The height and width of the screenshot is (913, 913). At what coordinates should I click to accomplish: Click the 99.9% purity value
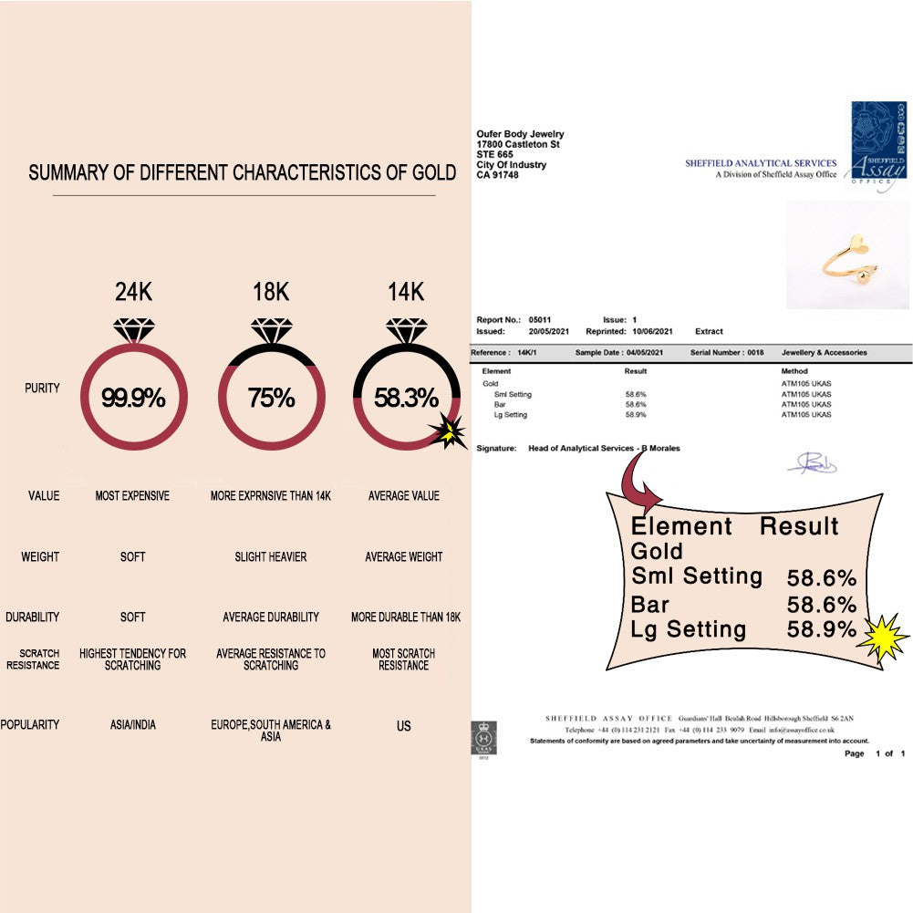click(133, 399)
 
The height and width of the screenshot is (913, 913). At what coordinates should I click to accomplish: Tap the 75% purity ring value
click(271, 399)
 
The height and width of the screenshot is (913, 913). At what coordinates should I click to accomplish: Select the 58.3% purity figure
click(406, 399)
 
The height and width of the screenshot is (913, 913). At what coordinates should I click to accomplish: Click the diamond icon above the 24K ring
click(134, 330)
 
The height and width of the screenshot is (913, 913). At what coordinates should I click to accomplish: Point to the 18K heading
click(271, 293)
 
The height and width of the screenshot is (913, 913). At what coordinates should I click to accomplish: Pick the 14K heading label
click(405, 293)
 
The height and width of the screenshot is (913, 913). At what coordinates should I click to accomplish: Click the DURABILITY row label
click(32, 617)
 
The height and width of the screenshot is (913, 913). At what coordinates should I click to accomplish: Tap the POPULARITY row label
click(30, 725)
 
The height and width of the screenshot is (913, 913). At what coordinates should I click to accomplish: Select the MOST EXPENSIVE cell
click(132, 496)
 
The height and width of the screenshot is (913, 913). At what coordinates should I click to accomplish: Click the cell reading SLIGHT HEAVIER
click(271, 557)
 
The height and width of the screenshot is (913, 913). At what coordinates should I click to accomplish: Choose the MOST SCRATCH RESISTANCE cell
click(404, 659)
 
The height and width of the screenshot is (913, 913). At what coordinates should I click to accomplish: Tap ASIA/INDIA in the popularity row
click(132, 725)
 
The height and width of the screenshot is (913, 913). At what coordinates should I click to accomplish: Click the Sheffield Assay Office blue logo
click(878, 146)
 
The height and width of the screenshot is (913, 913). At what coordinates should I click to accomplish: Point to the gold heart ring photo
click(847, 255)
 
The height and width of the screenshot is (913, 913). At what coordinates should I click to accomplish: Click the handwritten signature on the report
click(812, 464)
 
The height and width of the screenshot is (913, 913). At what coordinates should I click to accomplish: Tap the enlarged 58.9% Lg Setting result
click(822, 629)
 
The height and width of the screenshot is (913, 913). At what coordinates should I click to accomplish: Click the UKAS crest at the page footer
click(483, 737)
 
